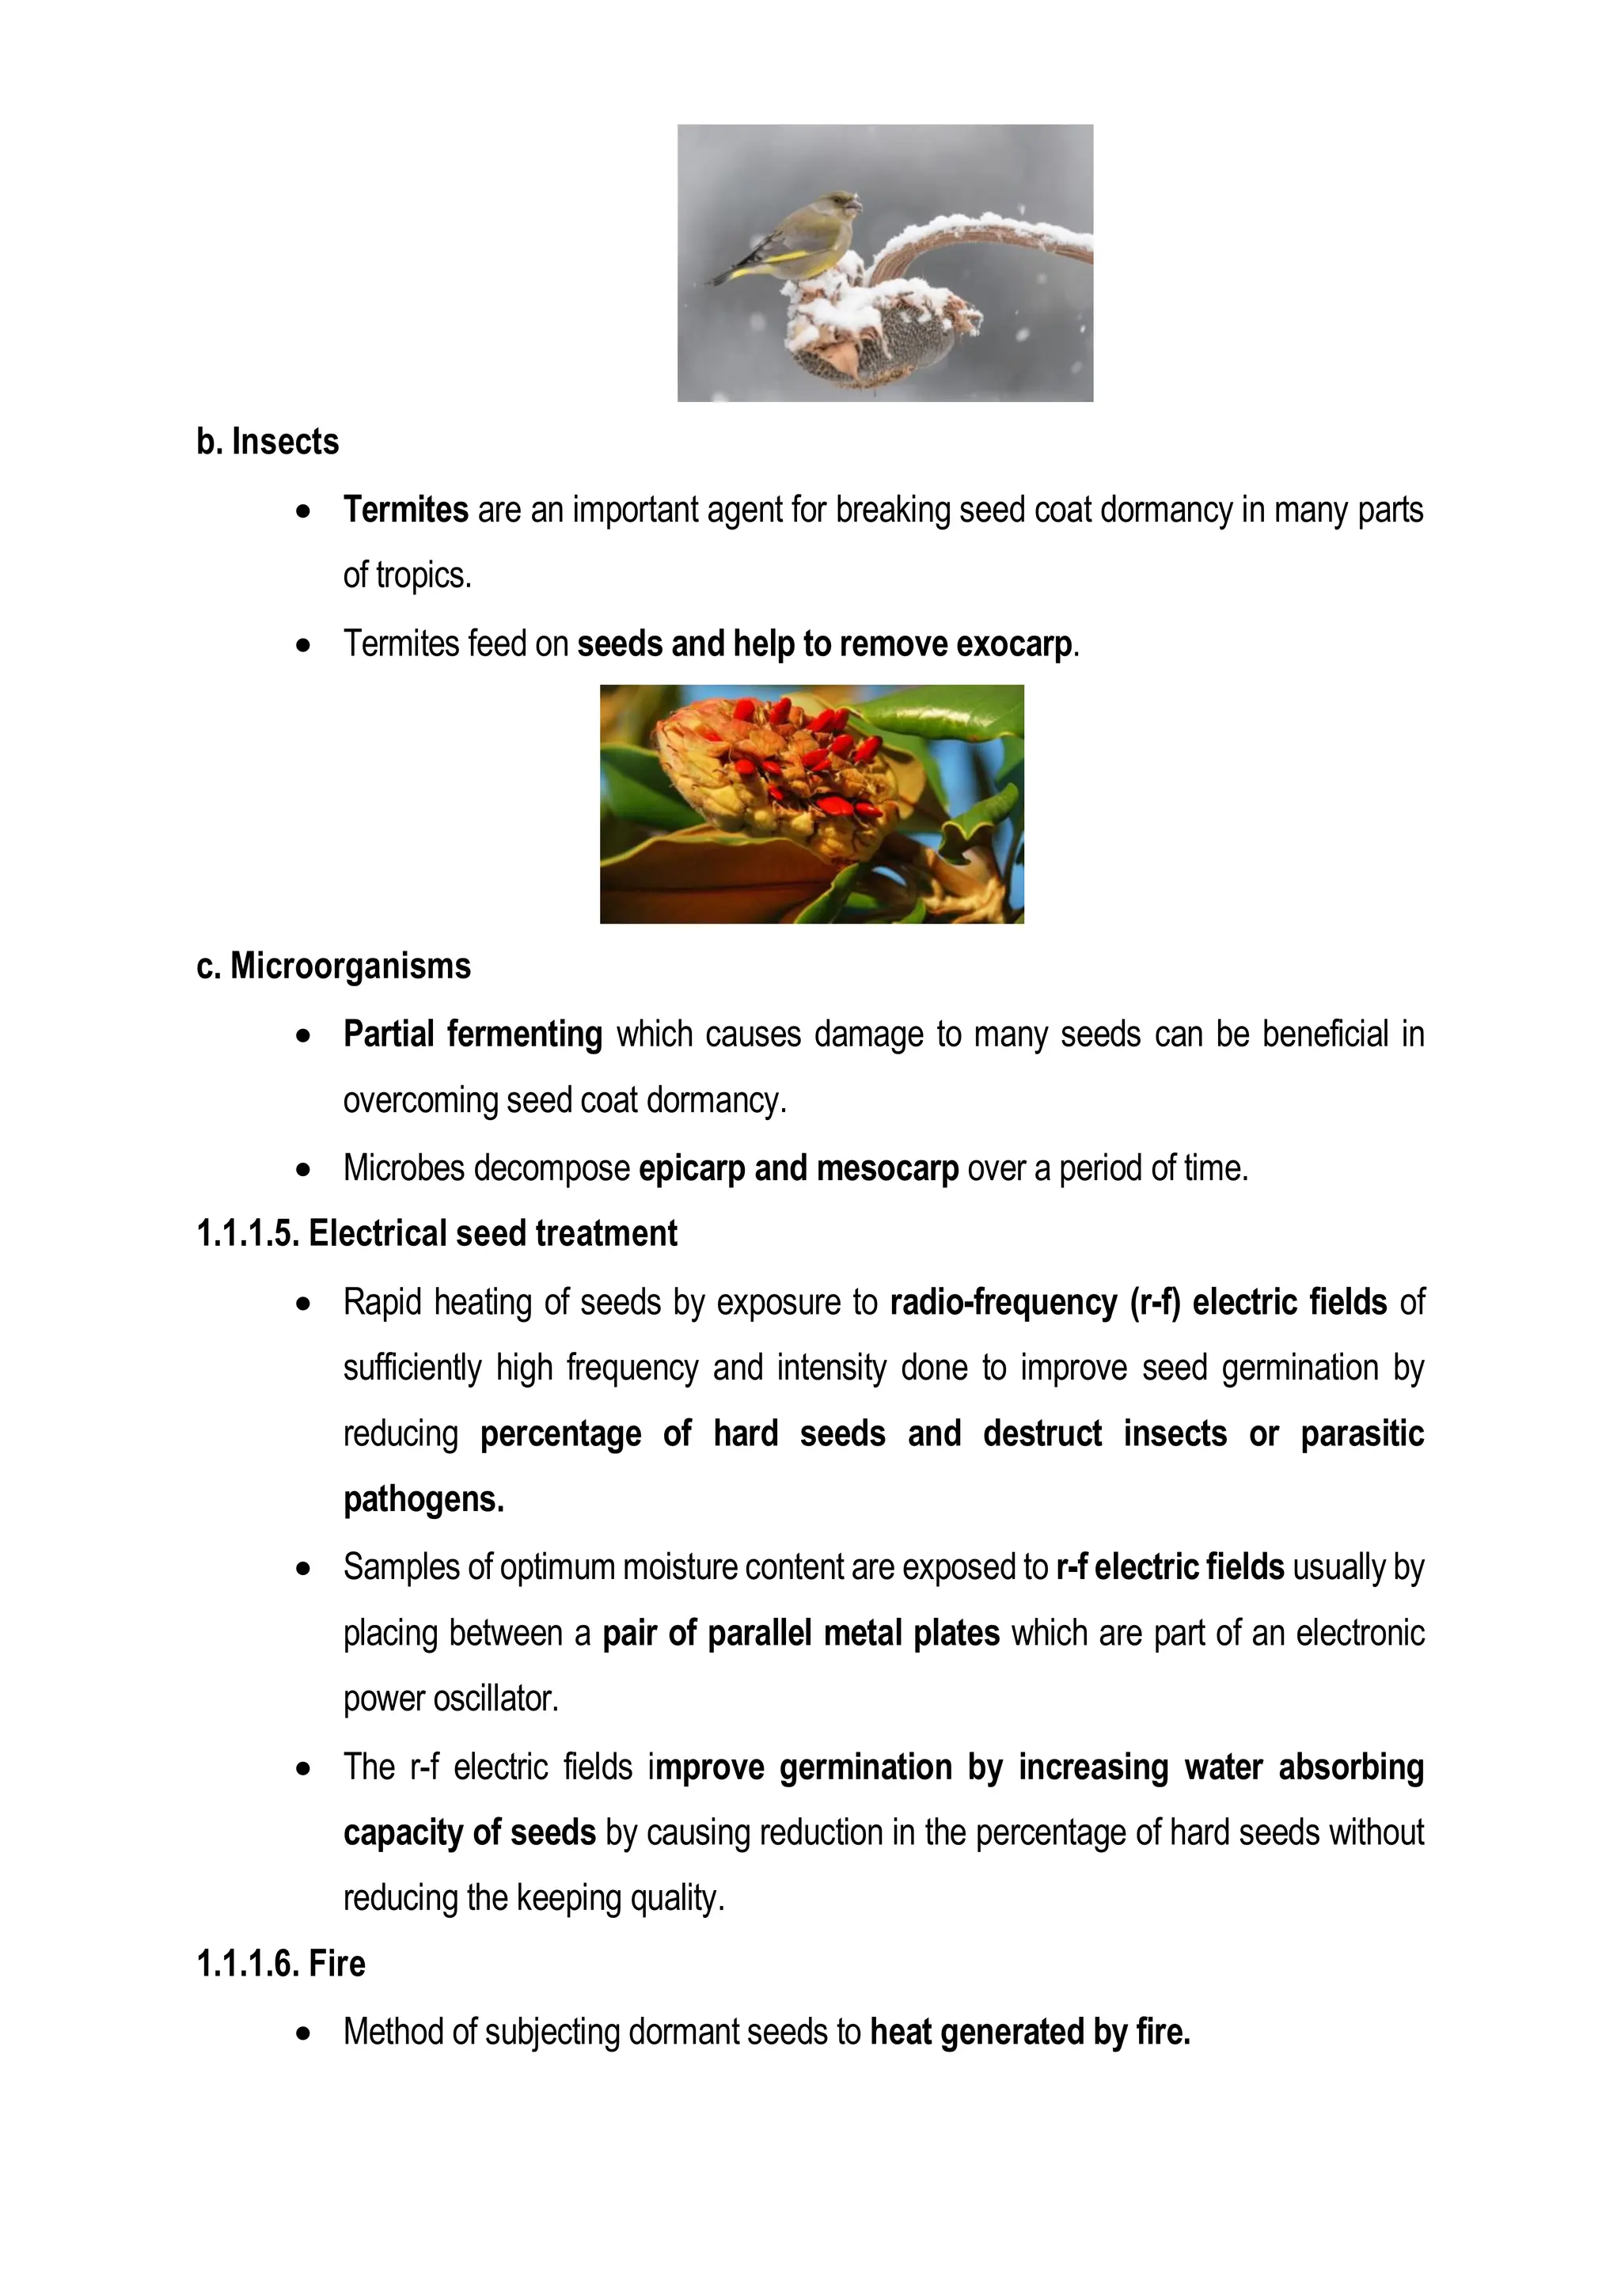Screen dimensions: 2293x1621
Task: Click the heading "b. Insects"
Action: [x=268, y=442]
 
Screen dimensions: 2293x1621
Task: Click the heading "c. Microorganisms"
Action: [x=333, y=966]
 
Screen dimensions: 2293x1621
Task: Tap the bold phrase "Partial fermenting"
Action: [x=473, y=1034]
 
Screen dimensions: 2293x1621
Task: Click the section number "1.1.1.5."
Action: [x=248, y=1233]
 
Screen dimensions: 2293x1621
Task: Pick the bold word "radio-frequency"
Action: [x=1003, y=1302]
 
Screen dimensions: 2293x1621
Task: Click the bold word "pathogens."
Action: [x=423, y=1499]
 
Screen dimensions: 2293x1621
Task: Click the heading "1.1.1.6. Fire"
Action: [x=281, y=1964]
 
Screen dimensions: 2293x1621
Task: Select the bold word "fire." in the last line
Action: [x=1163, y=2031]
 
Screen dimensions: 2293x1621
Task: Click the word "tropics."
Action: [x=423, y=576]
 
